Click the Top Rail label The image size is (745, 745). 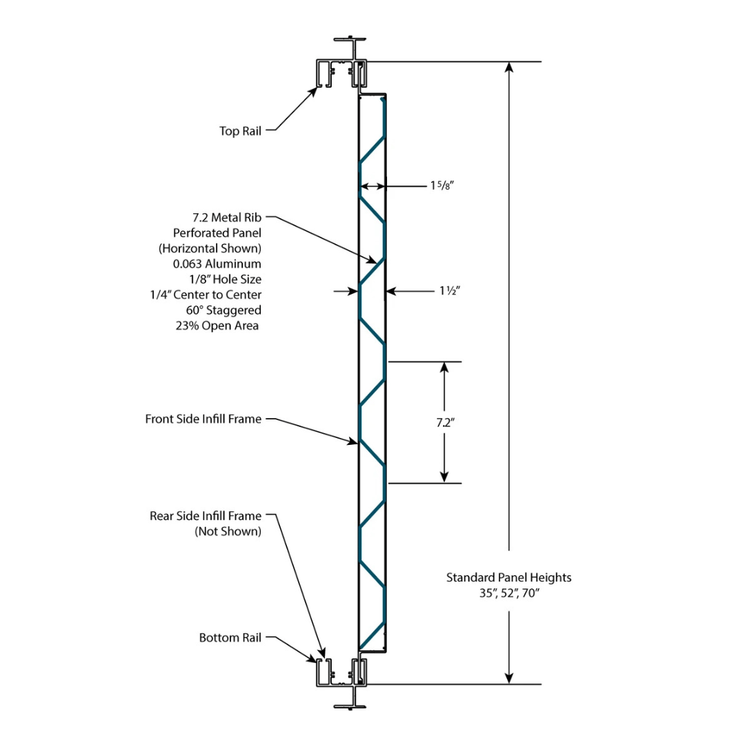240,130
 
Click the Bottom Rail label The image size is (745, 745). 230,638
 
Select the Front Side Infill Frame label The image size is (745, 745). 203,419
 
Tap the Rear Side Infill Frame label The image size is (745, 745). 206,516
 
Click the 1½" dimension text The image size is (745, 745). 448,292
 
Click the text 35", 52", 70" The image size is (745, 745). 509,593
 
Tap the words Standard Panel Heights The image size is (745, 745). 509,577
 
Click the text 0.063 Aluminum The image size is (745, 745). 218,264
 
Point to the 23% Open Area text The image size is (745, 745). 217,326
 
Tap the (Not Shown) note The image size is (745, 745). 228,531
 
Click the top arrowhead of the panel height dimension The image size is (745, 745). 509,68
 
